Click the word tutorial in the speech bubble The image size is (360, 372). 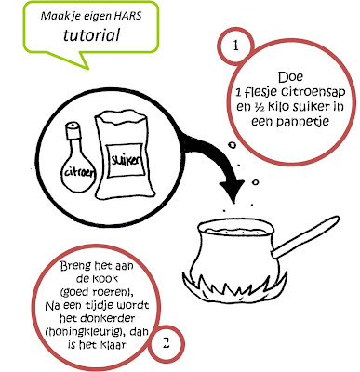click(91, 34)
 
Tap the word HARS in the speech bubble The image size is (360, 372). click(129, 15)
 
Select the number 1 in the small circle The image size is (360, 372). click(236, 46)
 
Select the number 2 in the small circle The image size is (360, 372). click(167, 343)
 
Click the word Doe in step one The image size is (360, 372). click(290, 77)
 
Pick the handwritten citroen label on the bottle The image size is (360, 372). click(79, 172)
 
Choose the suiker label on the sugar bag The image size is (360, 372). click(125, 161)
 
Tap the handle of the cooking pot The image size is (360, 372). click(305, 236)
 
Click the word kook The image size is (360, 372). click(105, 279)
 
